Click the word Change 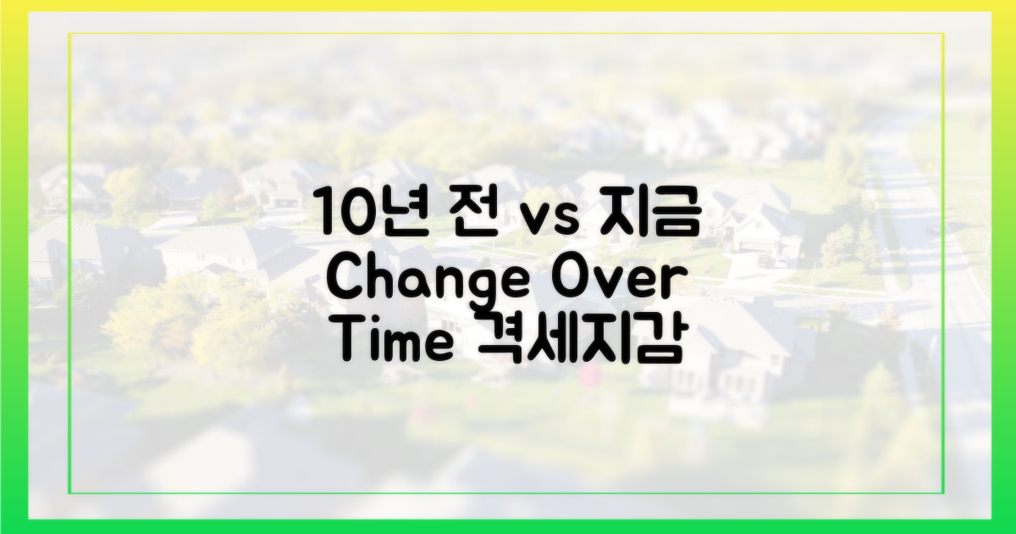[x=429, y=281]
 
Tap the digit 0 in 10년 [x=358, y=213]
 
